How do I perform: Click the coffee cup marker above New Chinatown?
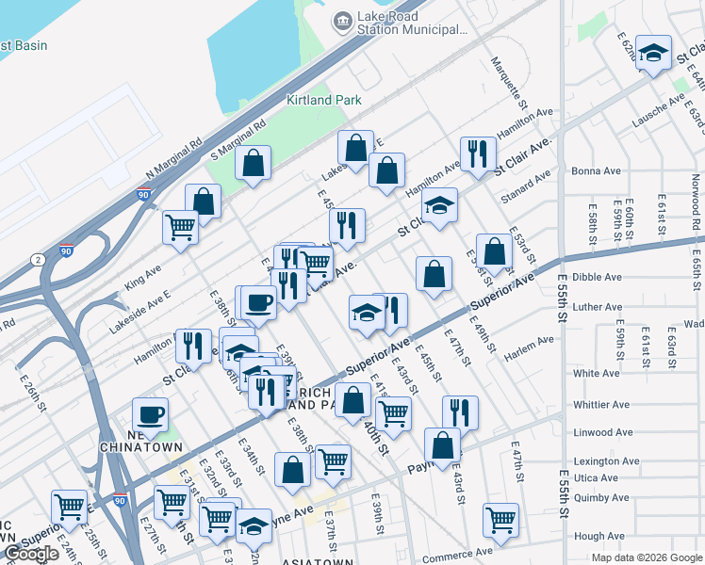coord(149,414)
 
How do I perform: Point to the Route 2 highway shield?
coord(36,259)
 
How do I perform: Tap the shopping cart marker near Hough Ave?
coord(500,520)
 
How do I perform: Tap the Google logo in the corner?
coord(31,554)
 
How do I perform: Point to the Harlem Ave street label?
coord(533,341)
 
